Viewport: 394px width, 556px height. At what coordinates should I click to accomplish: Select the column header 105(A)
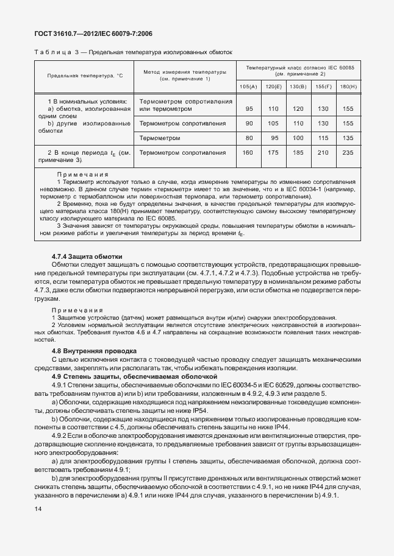(248, 87)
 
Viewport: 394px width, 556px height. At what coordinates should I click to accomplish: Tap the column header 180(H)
(348, 87)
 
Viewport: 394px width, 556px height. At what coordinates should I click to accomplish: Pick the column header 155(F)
(323, 87)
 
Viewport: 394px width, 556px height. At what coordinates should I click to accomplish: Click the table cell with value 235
(348, 152)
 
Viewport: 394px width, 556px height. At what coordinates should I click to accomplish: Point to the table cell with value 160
(248, 152)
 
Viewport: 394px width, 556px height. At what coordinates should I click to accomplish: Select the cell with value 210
(323, 152)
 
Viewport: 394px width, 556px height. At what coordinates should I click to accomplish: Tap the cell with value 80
(248, 138)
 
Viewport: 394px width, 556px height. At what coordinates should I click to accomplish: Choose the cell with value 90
(248, 123)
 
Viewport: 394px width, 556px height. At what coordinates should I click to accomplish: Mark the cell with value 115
(323, 138)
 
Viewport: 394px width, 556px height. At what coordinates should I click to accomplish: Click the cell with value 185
(298, 152)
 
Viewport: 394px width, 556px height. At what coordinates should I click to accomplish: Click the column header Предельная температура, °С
(84, 76)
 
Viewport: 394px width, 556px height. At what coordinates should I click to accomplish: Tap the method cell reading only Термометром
(160, 138)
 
